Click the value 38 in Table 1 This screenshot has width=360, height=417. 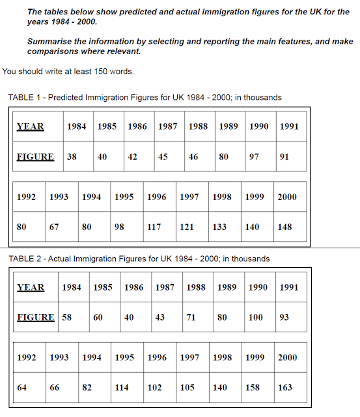[x=72, y=157]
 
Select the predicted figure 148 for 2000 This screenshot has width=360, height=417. [x=284, y=227]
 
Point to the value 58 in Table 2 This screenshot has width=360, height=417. [x=67, y=317]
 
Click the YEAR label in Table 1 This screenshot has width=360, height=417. [x=31, y=126]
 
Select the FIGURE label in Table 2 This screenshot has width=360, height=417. [x=36, y=317]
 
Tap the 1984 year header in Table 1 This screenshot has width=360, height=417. [x=77, y=126]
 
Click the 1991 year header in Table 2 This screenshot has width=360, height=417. [x=289, y=287]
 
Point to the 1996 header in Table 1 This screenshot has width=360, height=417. [x=157, y=197]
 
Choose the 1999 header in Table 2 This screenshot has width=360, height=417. [x=255, y=358]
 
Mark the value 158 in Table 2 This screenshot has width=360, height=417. [x=253, y=387]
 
